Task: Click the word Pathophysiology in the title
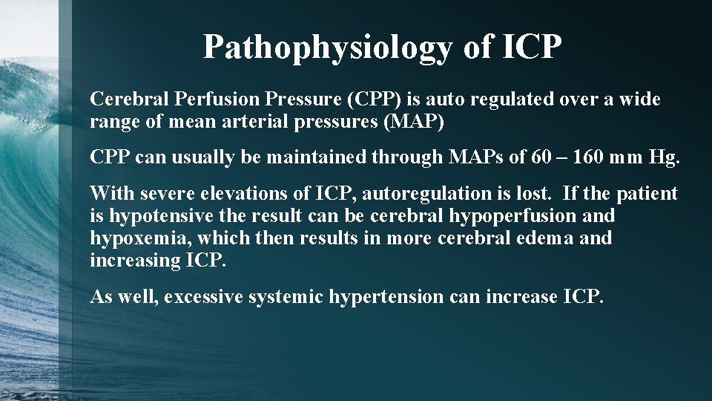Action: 326,47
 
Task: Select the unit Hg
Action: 664,157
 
